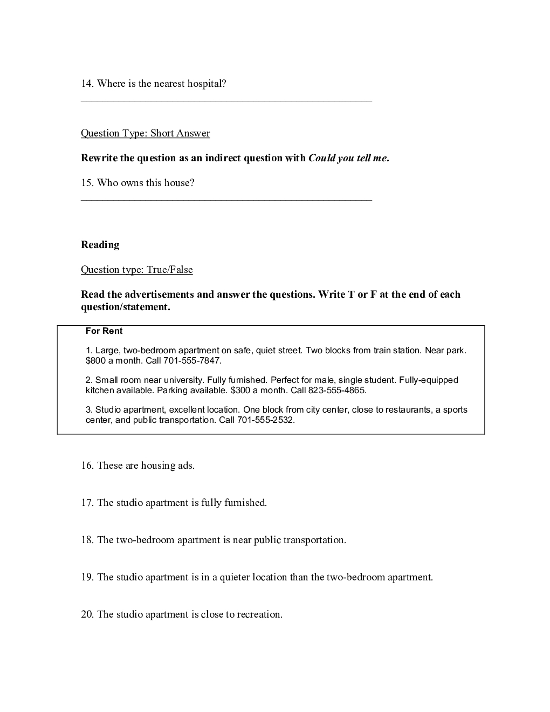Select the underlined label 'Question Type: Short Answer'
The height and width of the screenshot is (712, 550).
(x=145, y=133)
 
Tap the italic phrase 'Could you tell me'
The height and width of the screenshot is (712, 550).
(x=348, y=158)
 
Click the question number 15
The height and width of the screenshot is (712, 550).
(x=87, y=183)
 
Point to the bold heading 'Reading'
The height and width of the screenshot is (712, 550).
(x=100, y=245)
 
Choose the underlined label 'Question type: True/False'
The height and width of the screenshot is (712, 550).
(x=136, y=270)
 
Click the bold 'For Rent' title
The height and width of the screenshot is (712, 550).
(x=104, y=331)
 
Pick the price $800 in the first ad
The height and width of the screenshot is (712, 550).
(x=96, y=360)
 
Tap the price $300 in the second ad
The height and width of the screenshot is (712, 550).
(x=240, y=390)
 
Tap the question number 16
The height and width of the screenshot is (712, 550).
(x=87, y=465)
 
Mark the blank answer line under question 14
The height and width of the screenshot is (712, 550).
(x=226, y=100)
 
